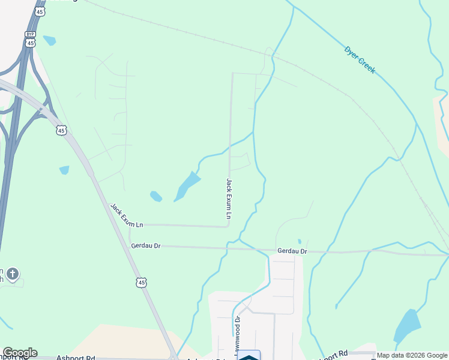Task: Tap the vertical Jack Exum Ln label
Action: [229, 197]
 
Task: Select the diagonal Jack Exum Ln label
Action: [127, 215]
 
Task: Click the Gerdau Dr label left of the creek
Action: [146, 245]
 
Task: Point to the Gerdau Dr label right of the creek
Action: [292, 251]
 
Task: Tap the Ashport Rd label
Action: [76, 358]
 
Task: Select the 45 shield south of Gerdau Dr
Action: [141, 282]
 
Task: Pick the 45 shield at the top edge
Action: [40, 11]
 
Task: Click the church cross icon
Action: [12, 275]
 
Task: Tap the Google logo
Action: [19, 353]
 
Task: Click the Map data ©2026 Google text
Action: [411, 355]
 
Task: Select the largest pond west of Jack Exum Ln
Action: [188, 184]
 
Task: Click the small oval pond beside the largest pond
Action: [155, 196]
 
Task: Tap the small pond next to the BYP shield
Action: [49, 40]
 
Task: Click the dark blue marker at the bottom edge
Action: [249, 356]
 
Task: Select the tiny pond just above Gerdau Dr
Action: [299, 241]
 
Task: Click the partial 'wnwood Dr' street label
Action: [238, 332]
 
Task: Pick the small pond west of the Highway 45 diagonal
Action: [64, 170]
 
